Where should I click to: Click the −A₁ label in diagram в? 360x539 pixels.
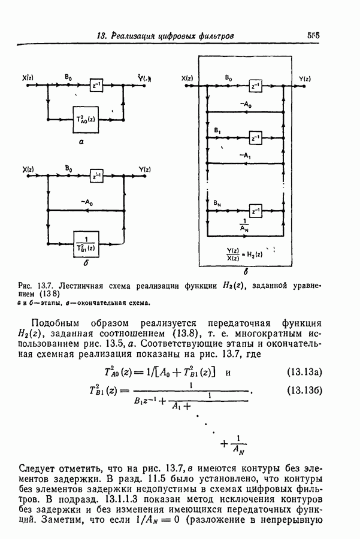[244, 155]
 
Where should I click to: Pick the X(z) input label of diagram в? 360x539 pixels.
[188, 78]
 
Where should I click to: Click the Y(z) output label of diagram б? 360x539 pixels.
[144, 169]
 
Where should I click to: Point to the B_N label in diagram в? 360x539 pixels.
[217, 204]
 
